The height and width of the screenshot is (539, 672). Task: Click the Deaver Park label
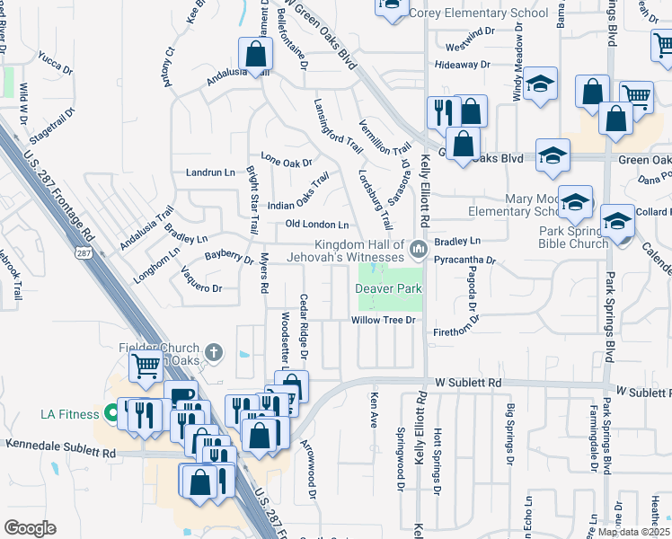coord(388,289)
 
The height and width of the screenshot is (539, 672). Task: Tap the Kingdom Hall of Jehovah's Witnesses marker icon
coord(417,249)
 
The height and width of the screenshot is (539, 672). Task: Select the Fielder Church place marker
coord(213,352)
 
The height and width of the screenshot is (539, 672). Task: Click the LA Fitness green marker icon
coord(111,414)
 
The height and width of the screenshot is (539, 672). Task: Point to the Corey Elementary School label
coord(478,13)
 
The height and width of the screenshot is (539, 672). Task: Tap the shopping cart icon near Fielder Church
coord(146,366)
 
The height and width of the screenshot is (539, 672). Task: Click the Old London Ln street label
coord(316,224)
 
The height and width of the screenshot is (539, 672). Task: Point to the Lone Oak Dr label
coord(286,163)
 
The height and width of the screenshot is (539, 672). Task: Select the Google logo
coord(30,528)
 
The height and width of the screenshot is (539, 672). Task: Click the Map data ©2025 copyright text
coord(633,532)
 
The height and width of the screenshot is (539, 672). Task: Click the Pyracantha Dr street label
coord(464,260)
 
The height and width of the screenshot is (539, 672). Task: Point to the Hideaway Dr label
coord(462,65)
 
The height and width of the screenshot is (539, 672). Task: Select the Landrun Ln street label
coord(209,172)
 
